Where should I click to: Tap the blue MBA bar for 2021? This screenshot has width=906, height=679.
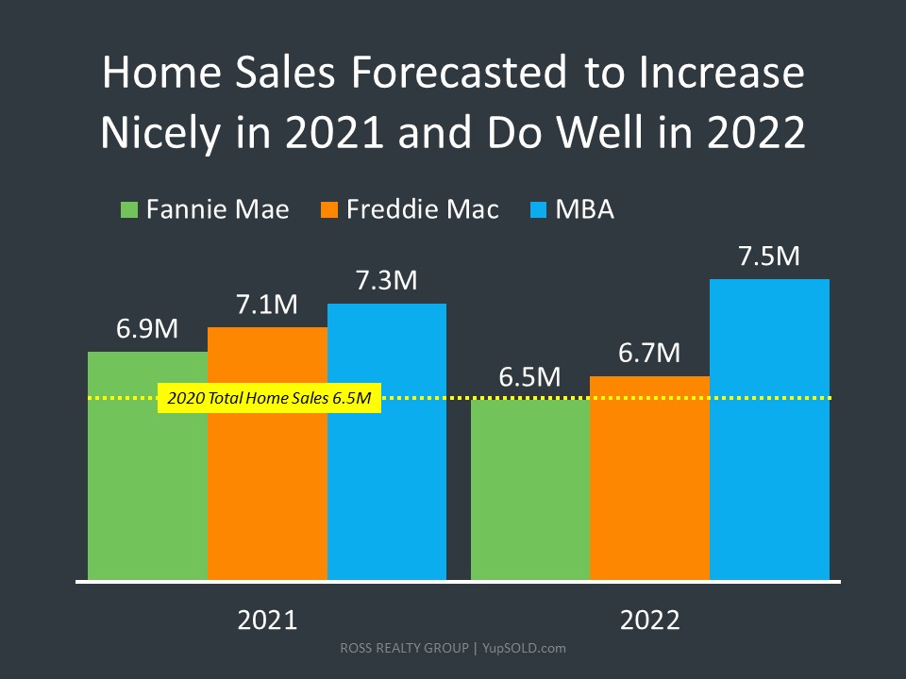click(x=387, y=443)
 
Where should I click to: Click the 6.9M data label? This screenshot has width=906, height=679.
click(x=148, y=330)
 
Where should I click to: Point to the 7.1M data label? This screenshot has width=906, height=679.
click(x=267, y=306)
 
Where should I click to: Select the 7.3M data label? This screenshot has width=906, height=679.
click(x=387, y=281)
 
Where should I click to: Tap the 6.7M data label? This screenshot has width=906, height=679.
click(x=649, y=354)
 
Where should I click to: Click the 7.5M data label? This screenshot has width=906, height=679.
click(x=769, y=257)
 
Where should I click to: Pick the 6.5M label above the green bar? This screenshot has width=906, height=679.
click(x=530, y=378)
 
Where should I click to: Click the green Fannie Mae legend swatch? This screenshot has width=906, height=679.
click(x=129, y=209)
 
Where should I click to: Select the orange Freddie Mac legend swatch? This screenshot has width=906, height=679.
click(x=329, y=209)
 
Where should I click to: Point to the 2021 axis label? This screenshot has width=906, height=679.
click(x=267, y=621)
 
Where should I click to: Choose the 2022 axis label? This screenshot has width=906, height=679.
click(x=649, y=621)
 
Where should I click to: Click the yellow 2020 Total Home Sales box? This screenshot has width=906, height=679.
click(x=269, y=399)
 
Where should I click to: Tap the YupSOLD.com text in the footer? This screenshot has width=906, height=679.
click(x=524, y=649)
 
